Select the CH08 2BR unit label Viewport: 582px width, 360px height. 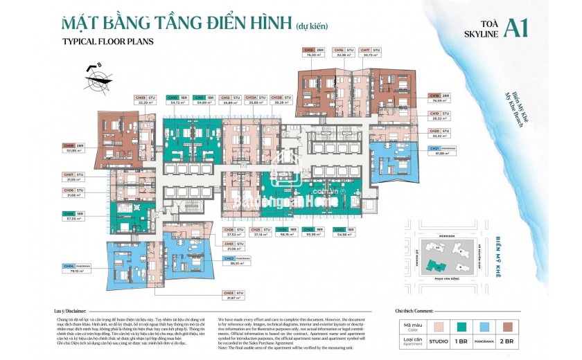(x=73, y=147)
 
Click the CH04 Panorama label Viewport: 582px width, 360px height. (x=74, y=269)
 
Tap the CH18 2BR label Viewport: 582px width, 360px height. (x=441, y=98)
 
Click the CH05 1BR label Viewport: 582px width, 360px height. (x=74, y=215)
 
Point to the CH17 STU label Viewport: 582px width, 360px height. (x=372, y=53)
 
